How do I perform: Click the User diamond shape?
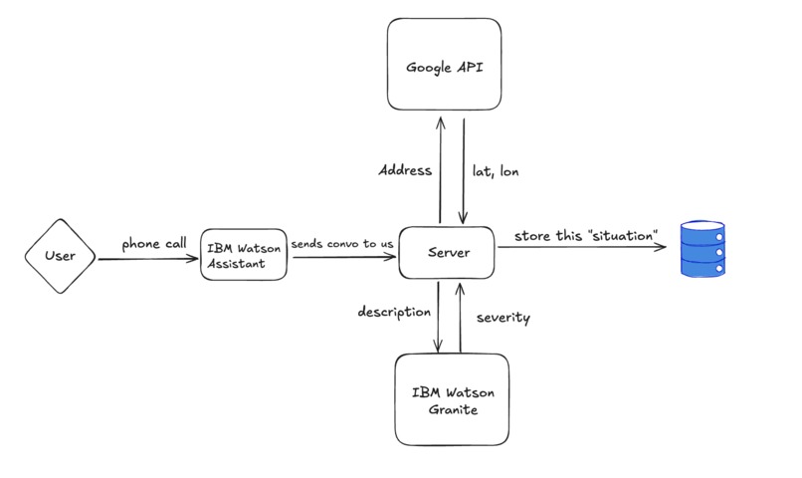point(60,257)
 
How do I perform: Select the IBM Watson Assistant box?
point(245,255)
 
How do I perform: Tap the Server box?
point(448,254)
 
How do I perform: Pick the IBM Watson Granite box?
point(452,398)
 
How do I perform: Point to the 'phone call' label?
point(154,243)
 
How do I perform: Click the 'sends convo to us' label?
point(342,242)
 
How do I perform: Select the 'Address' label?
point(405,170)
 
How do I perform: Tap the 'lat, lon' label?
point(496,171)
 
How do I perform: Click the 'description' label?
point(394,313)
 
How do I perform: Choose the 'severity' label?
point(502,319)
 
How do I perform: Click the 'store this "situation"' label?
point(586,236)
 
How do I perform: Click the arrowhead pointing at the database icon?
point(661,250)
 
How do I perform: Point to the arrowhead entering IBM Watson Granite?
point(438,348)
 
